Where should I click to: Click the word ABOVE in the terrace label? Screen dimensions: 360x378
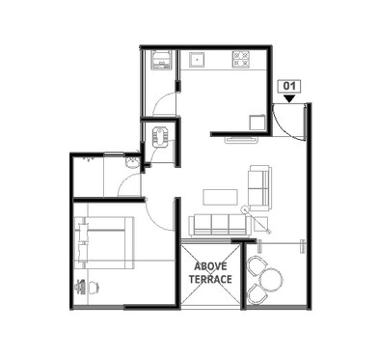pyautogui.click(x=211, y=265)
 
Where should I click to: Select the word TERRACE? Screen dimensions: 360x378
pyautogui.click(x=211, y=279)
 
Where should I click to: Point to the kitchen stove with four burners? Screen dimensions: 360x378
pyautogui.click(x=240, y=60)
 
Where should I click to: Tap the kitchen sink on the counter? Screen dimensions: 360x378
pyautogui.click(x=201, y=59)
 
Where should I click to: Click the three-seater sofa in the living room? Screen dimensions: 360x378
pyautogui.click(x=218, y=225)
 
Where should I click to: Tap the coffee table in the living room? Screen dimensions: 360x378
pyautogui.click(x=221, y=197)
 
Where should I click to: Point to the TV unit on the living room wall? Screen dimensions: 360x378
pyautogui.click(x=241, y=140)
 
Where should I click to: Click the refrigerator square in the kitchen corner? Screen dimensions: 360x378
pyautogui.click(x=256, y=122)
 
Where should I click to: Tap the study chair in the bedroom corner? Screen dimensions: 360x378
pyautogui.click(x=81, y=287)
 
